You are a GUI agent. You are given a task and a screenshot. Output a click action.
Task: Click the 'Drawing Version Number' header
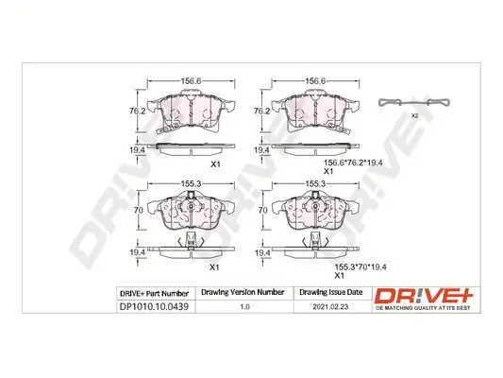[244, 293]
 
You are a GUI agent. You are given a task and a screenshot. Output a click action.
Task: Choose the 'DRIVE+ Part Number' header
[155, 293]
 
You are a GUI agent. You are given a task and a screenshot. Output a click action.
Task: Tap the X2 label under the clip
[414, 115]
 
